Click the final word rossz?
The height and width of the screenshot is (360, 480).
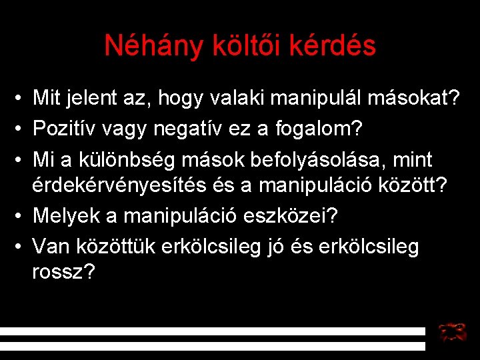[x=63, y=272]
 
